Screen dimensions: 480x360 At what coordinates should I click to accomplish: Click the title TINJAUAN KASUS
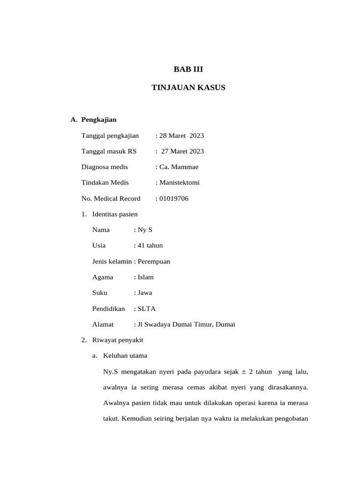(188, 88)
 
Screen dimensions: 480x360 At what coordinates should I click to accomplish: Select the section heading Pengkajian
(99, 120)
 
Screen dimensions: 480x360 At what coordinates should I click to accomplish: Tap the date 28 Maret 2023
(182, 136)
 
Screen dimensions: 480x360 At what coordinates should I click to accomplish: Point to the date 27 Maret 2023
(183, 151)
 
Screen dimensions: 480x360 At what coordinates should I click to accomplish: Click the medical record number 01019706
(174, 199)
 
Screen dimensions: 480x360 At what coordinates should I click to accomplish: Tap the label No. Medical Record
(111, 199)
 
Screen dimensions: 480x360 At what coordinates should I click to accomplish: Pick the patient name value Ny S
(145, 230)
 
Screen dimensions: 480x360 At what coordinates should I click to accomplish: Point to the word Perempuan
(154, 262)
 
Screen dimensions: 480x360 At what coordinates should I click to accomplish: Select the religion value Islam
(146, 277)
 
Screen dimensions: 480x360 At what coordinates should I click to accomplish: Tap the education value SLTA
(147, 309)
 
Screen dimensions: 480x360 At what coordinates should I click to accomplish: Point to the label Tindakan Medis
(105, 183)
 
